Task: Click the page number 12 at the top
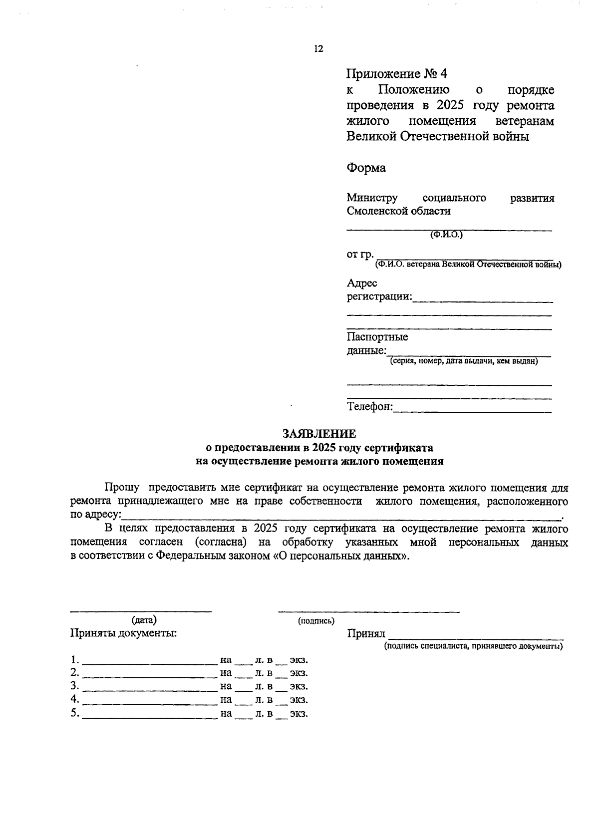pos(318,49)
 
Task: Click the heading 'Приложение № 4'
pos(397,74)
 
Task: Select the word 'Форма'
pos(366,168)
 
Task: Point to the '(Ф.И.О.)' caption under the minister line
pos(446,235)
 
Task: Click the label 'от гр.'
pos(360,255)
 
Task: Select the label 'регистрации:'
pos(379,297)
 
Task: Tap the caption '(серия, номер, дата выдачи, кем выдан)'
pos(464,361)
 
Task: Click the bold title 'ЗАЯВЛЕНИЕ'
pos(319,434)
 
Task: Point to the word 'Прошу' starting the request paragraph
pos(122,488)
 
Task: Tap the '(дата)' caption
pos(144,620)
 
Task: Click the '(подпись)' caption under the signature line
pos(316,621)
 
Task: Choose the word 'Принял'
pos(366,634)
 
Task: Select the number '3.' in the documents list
pos(75,686)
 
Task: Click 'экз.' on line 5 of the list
pos(299,714)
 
